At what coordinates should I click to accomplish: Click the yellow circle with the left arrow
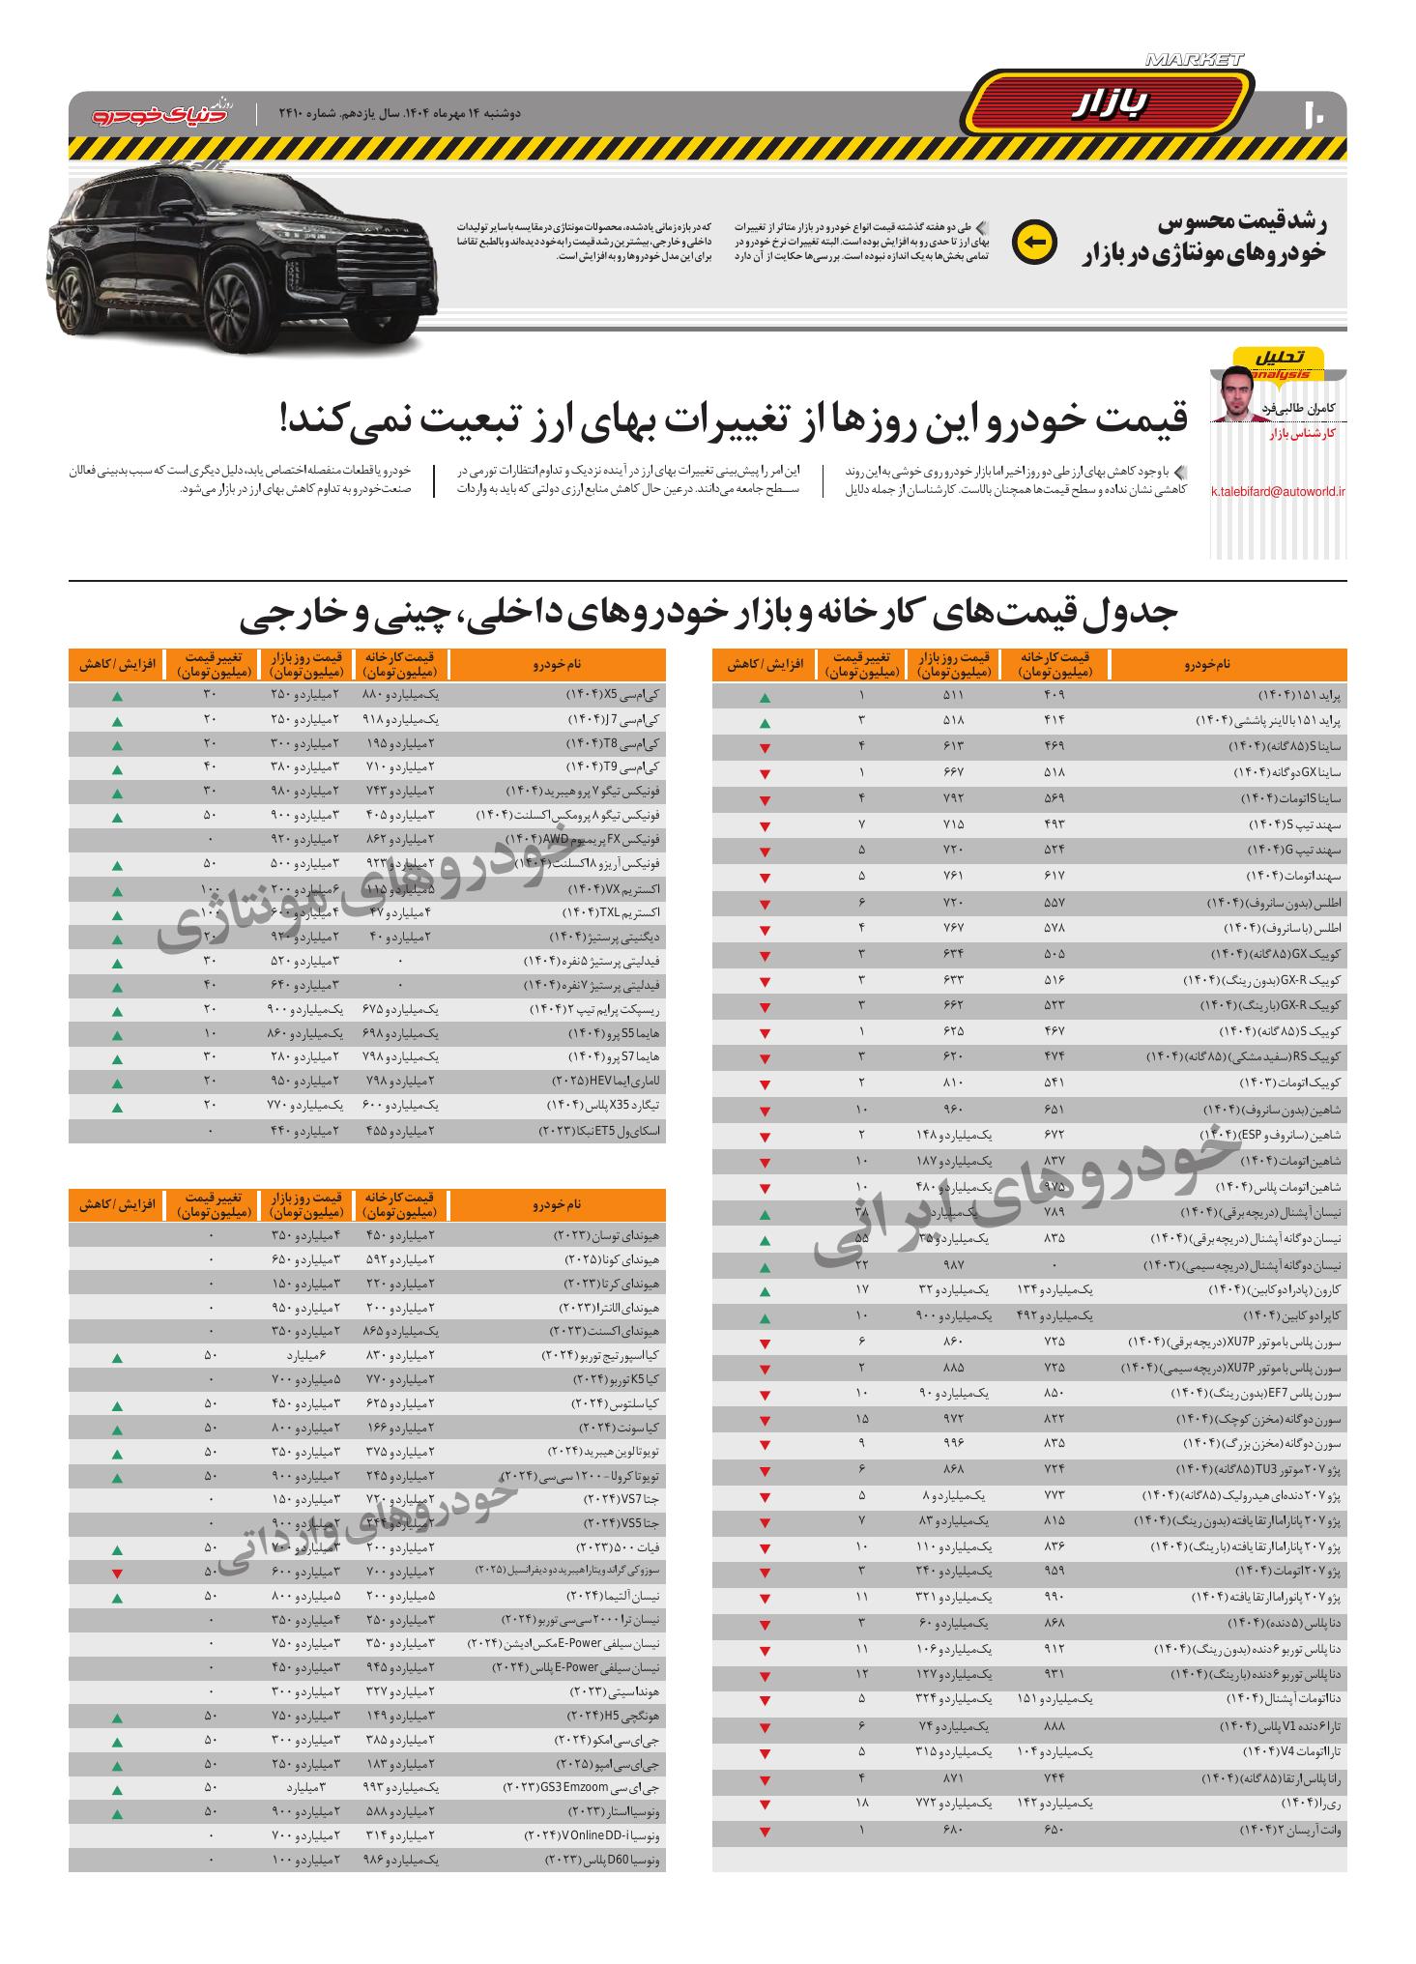tap(1034, 244)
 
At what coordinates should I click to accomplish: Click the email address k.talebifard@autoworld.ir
tap(1278, 492)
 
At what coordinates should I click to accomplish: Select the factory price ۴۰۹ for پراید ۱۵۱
tap(1054, 696)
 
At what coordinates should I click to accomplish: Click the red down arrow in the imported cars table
tap(117, 1575)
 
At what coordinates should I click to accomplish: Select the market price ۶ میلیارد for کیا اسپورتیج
tap(304, 1358)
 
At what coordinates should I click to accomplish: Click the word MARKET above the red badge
tap(1194, 60)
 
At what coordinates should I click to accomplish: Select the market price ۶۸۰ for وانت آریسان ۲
tap(953, 1831)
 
